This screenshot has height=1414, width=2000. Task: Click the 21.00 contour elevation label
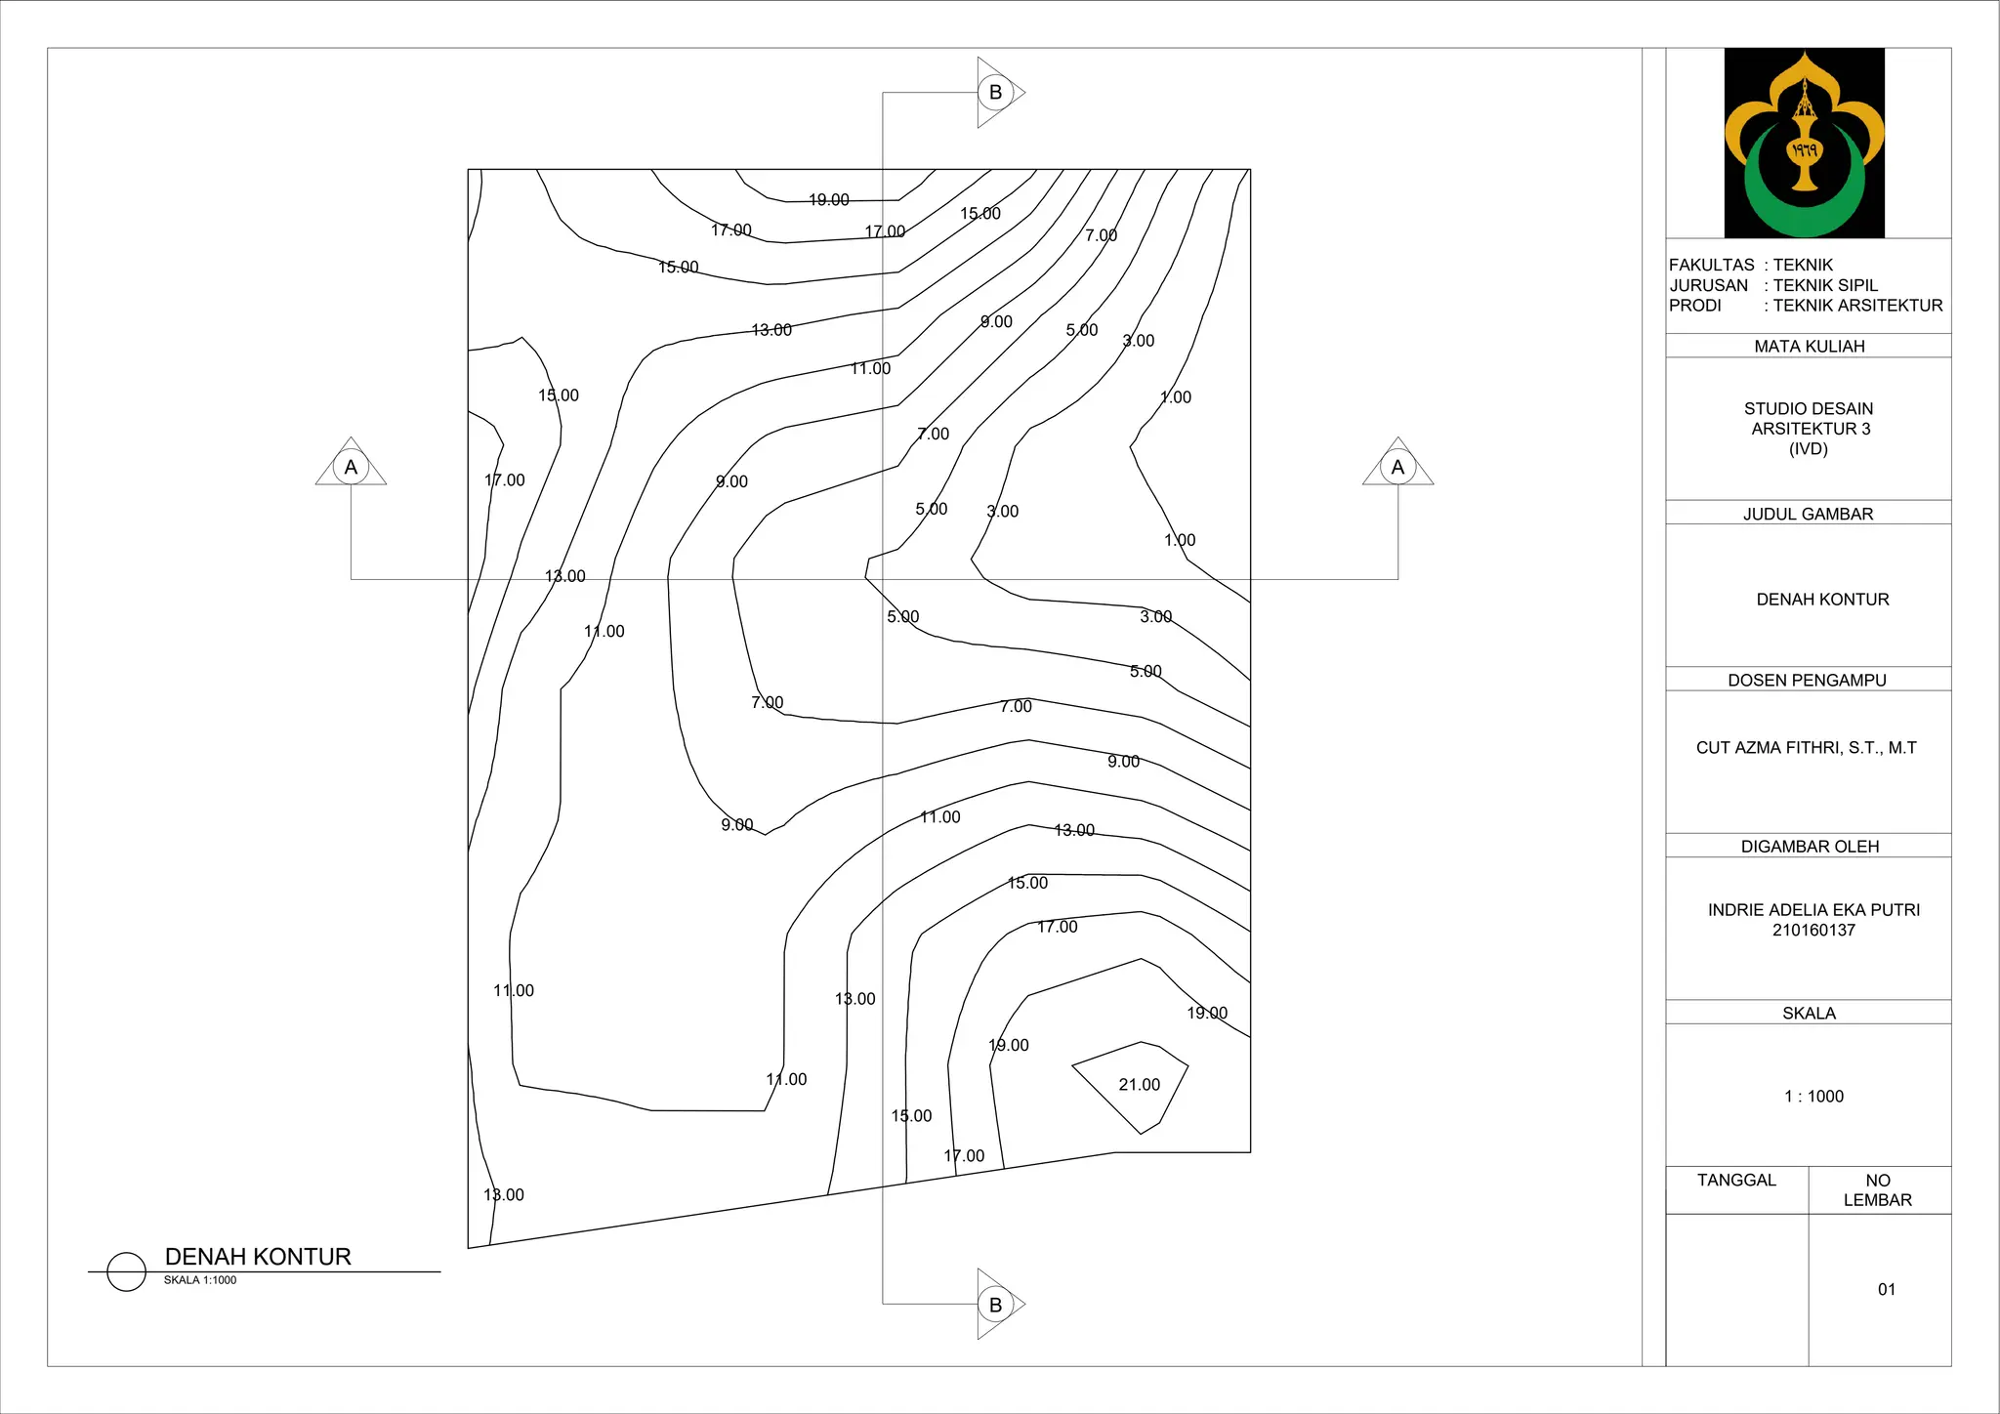pos(1139,1085)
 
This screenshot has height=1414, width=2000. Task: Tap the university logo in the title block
pos(1804,143)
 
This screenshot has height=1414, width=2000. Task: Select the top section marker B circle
pos(995,93)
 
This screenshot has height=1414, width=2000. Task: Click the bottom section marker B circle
pos(995,1305)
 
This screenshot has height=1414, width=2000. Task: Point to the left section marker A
pos(351,467)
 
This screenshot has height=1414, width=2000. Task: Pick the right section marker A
pos(1397,467)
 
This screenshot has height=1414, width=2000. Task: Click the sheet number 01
pos(1887,1289)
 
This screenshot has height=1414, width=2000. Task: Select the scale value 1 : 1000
pos(1813,1097)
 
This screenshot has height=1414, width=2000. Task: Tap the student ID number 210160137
pos(1813,931)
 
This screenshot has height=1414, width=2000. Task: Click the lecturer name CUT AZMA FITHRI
pos(1806,748)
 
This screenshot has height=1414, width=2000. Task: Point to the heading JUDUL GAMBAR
pos(1808,514)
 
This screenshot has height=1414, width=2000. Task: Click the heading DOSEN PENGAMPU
pos(1807,681)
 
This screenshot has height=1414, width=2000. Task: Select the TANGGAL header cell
pos(1736,1181)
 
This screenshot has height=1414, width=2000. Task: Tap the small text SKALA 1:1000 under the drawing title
pos(200,1280)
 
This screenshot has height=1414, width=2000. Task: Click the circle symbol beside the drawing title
pos(126,1271)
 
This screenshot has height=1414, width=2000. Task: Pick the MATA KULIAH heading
pos(1809,347)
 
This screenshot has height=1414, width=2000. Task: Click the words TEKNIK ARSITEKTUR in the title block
pos(1857,306)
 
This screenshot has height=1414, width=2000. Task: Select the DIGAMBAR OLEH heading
pos(1810,847)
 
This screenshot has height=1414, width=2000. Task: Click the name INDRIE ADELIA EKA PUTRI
pos(1813,910)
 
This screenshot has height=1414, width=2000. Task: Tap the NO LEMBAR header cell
pos(1878,1190)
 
